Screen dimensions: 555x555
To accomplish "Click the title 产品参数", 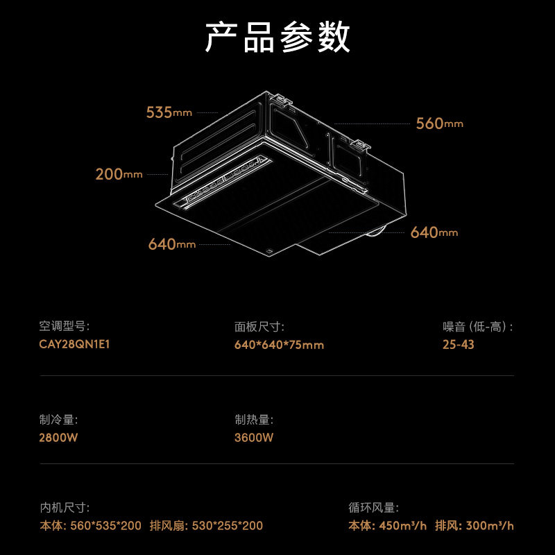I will [277, 37].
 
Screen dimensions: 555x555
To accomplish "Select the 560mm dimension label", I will [439, 123].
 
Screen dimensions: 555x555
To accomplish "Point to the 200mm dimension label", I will [119, 174].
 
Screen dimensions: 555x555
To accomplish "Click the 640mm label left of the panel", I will [171, 244].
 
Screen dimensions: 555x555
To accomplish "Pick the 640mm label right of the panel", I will [434, 232].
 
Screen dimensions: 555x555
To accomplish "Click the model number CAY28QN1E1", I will [75, 345].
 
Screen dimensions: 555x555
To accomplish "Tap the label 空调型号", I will [65, 327].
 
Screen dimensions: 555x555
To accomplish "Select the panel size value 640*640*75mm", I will [279, 345].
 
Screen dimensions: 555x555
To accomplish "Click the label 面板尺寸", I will [259, 327].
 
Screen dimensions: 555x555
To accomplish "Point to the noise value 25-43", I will [459, 345].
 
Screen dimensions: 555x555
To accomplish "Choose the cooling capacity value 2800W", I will [59, 438].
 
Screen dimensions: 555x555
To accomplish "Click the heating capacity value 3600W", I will [254, 438].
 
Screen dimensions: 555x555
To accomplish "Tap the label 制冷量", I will [59, 420].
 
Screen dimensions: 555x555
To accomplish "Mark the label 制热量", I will [254, 420].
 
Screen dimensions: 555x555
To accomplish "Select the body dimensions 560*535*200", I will [105, 526].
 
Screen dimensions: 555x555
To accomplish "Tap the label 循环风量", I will [373, 508].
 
